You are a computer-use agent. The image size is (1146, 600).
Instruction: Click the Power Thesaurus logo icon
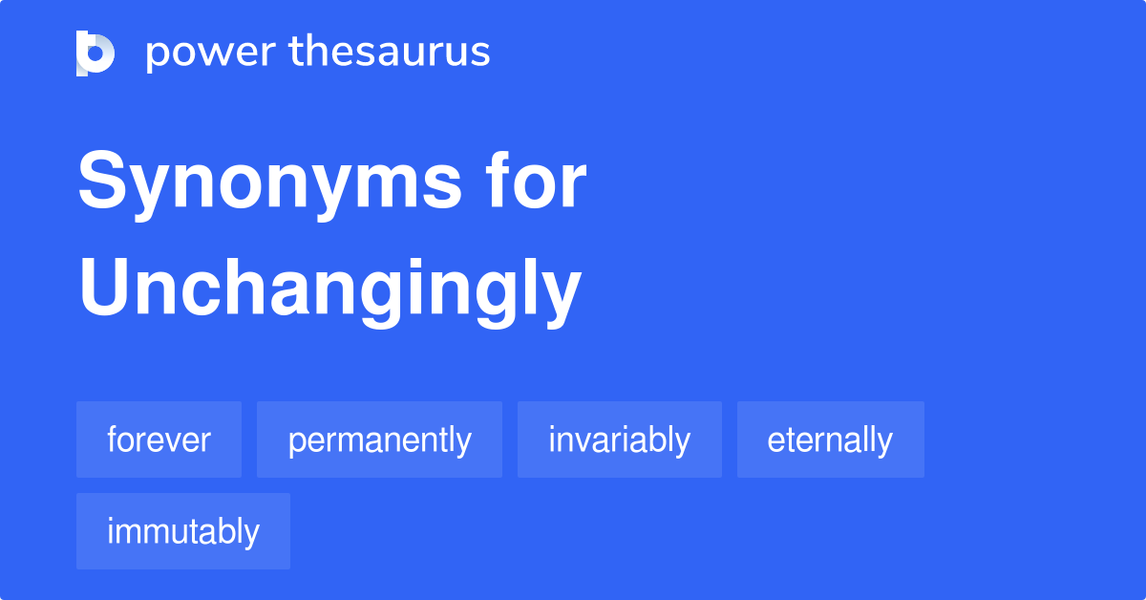click(x=95, y=53)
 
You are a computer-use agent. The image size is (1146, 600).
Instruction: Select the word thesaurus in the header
click(x=390, y=53)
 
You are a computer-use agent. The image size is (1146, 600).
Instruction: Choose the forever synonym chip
click(x=159, y=439)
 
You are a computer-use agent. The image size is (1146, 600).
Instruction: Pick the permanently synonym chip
click(x=379, y=439)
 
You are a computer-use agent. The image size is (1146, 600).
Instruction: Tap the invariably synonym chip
click(x=619, y=439)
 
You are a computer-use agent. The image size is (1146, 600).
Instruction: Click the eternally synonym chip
click(x=830, y=439)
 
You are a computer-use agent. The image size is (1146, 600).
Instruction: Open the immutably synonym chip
click(x=182, y=531)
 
